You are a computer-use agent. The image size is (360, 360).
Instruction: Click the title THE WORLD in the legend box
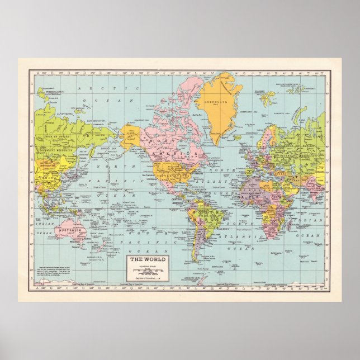[x=144, y=259]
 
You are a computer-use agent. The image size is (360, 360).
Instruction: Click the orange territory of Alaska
[x=130, y=136]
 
